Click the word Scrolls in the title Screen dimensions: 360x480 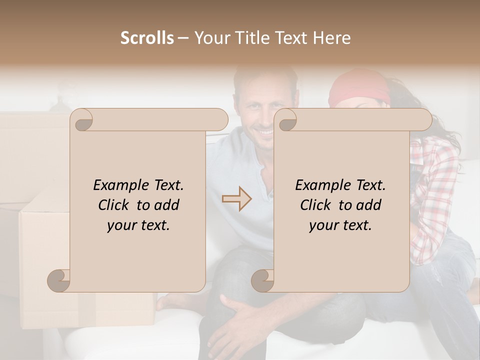coord(147,38)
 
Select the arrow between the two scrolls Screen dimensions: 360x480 coord(237,199)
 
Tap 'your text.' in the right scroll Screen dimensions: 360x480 coord(340,225)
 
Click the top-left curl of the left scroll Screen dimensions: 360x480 coord(82,120)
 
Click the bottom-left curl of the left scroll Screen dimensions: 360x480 coord(59,280)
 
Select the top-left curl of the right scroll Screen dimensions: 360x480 coord(286,120)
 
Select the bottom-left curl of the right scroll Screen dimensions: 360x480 coord(262,280)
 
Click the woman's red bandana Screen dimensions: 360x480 coord(359,88)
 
